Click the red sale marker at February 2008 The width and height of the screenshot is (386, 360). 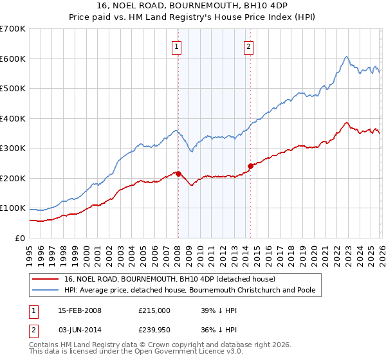click(178, 174)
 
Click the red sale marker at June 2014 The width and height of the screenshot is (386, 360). click(250, 166)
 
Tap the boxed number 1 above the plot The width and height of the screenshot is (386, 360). click(176, 46)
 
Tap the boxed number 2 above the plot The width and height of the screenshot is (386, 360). click(248, 46)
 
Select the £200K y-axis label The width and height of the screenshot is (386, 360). click(13, 178)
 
